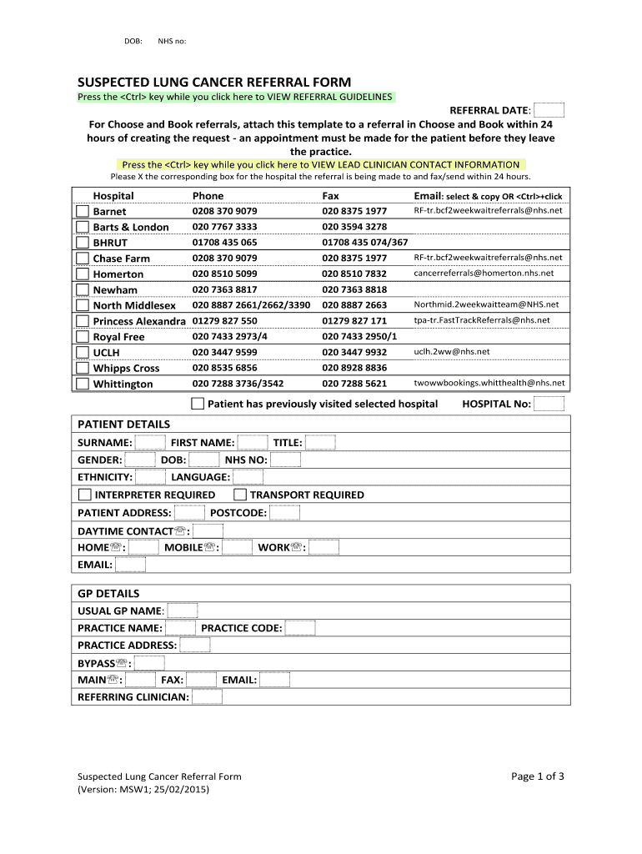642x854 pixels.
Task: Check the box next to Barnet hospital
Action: click(x=82, y=211)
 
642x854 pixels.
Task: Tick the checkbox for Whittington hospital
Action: click(x=82, y=384)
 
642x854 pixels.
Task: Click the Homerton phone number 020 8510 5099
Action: click(x=224, y=274)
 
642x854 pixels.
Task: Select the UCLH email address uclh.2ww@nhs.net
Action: click(x=451, y=351)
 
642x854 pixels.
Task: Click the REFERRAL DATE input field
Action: click(x=549, y=111)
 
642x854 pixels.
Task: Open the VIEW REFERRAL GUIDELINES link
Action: click(x=234, y=97)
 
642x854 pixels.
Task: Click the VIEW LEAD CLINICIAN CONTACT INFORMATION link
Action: click(x=320, y=164)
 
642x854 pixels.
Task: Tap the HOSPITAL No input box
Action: click(x=549, y=404)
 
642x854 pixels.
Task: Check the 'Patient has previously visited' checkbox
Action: click(x=197, y=404)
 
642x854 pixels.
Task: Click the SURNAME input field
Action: click(x=150, y=442)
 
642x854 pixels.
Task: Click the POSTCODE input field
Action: click(x=284, y=513)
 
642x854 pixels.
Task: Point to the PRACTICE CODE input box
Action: click(x=300, y=628)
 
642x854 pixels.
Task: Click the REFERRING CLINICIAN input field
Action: click(x=207, y=696)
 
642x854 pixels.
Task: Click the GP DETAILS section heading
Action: click(x=108, y=594)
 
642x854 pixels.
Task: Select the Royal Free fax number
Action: click(x=359, y=336)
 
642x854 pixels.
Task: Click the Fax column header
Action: click(x=331, y=195)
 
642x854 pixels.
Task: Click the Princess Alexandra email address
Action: click(x=482, y=320)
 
